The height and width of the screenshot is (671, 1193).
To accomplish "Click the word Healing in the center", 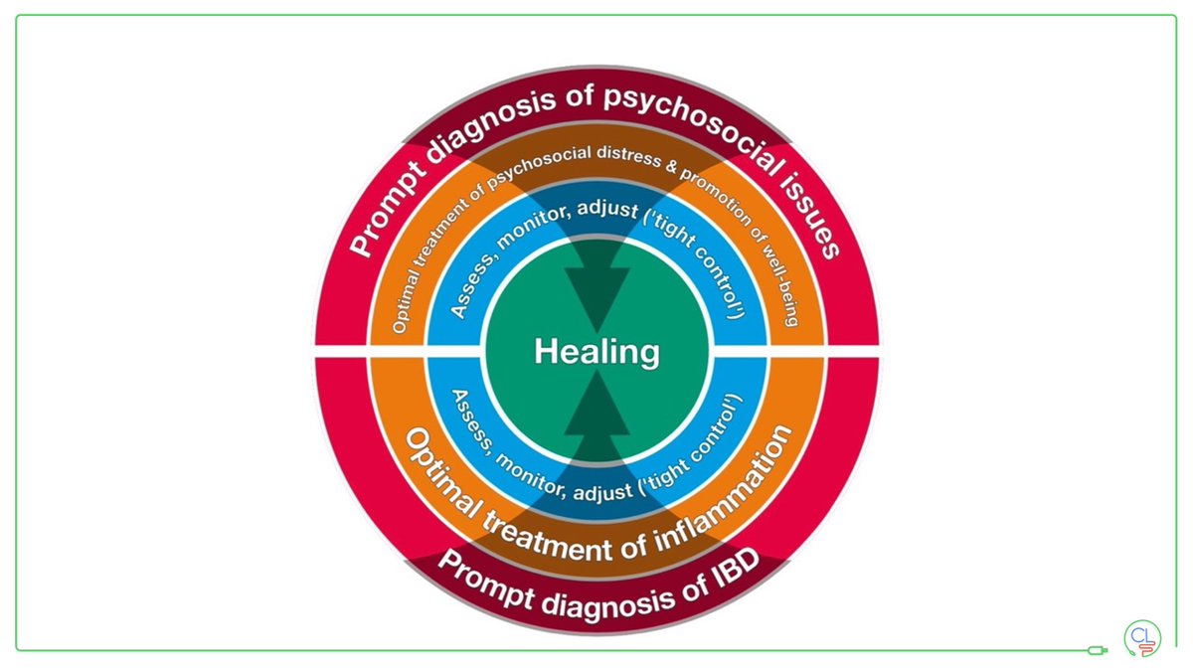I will click(596, 352).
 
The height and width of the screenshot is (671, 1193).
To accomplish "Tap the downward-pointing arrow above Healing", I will click(596, 288).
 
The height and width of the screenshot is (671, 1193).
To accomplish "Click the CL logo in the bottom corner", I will click(1143, 637).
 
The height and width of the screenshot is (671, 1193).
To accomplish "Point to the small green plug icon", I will click(1097, 651).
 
